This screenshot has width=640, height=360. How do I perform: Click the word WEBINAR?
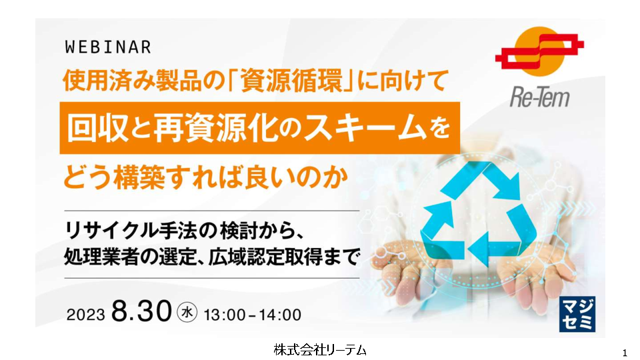[x=108, y=47]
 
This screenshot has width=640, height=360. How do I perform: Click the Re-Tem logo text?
[x=539, y=97]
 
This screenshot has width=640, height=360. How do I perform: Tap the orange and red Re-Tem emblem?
[x=539, y=51]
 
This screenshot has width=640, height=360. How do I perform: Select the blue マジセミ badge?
[x=577, y=314]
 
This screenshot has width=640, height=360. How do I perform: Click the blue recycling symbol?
[x=477, y=213]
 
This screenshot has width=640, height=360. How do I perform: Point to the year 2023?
[x=85, y=315]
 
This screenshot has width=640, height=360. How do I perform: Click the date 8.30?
[x=141, y=311]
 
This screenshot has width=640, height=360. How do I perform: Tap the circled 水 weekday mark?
[x=187, y=312]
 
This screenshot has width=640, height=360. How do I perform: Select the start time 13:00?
[x=225, y=315]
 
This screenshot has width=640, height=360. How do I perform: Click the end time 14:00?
[x=280, y=315]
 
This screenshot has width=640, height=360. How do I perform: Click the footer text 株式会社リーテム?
[x=320, y=350]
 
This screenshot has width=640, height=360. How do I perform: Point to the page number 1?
[x=625, y=353]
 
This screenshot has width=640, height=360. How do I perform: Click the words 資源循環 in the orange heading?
[x=291, y=81]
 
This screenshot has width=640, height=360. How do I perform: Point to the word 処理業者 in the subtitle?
[x=101, y=257]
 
